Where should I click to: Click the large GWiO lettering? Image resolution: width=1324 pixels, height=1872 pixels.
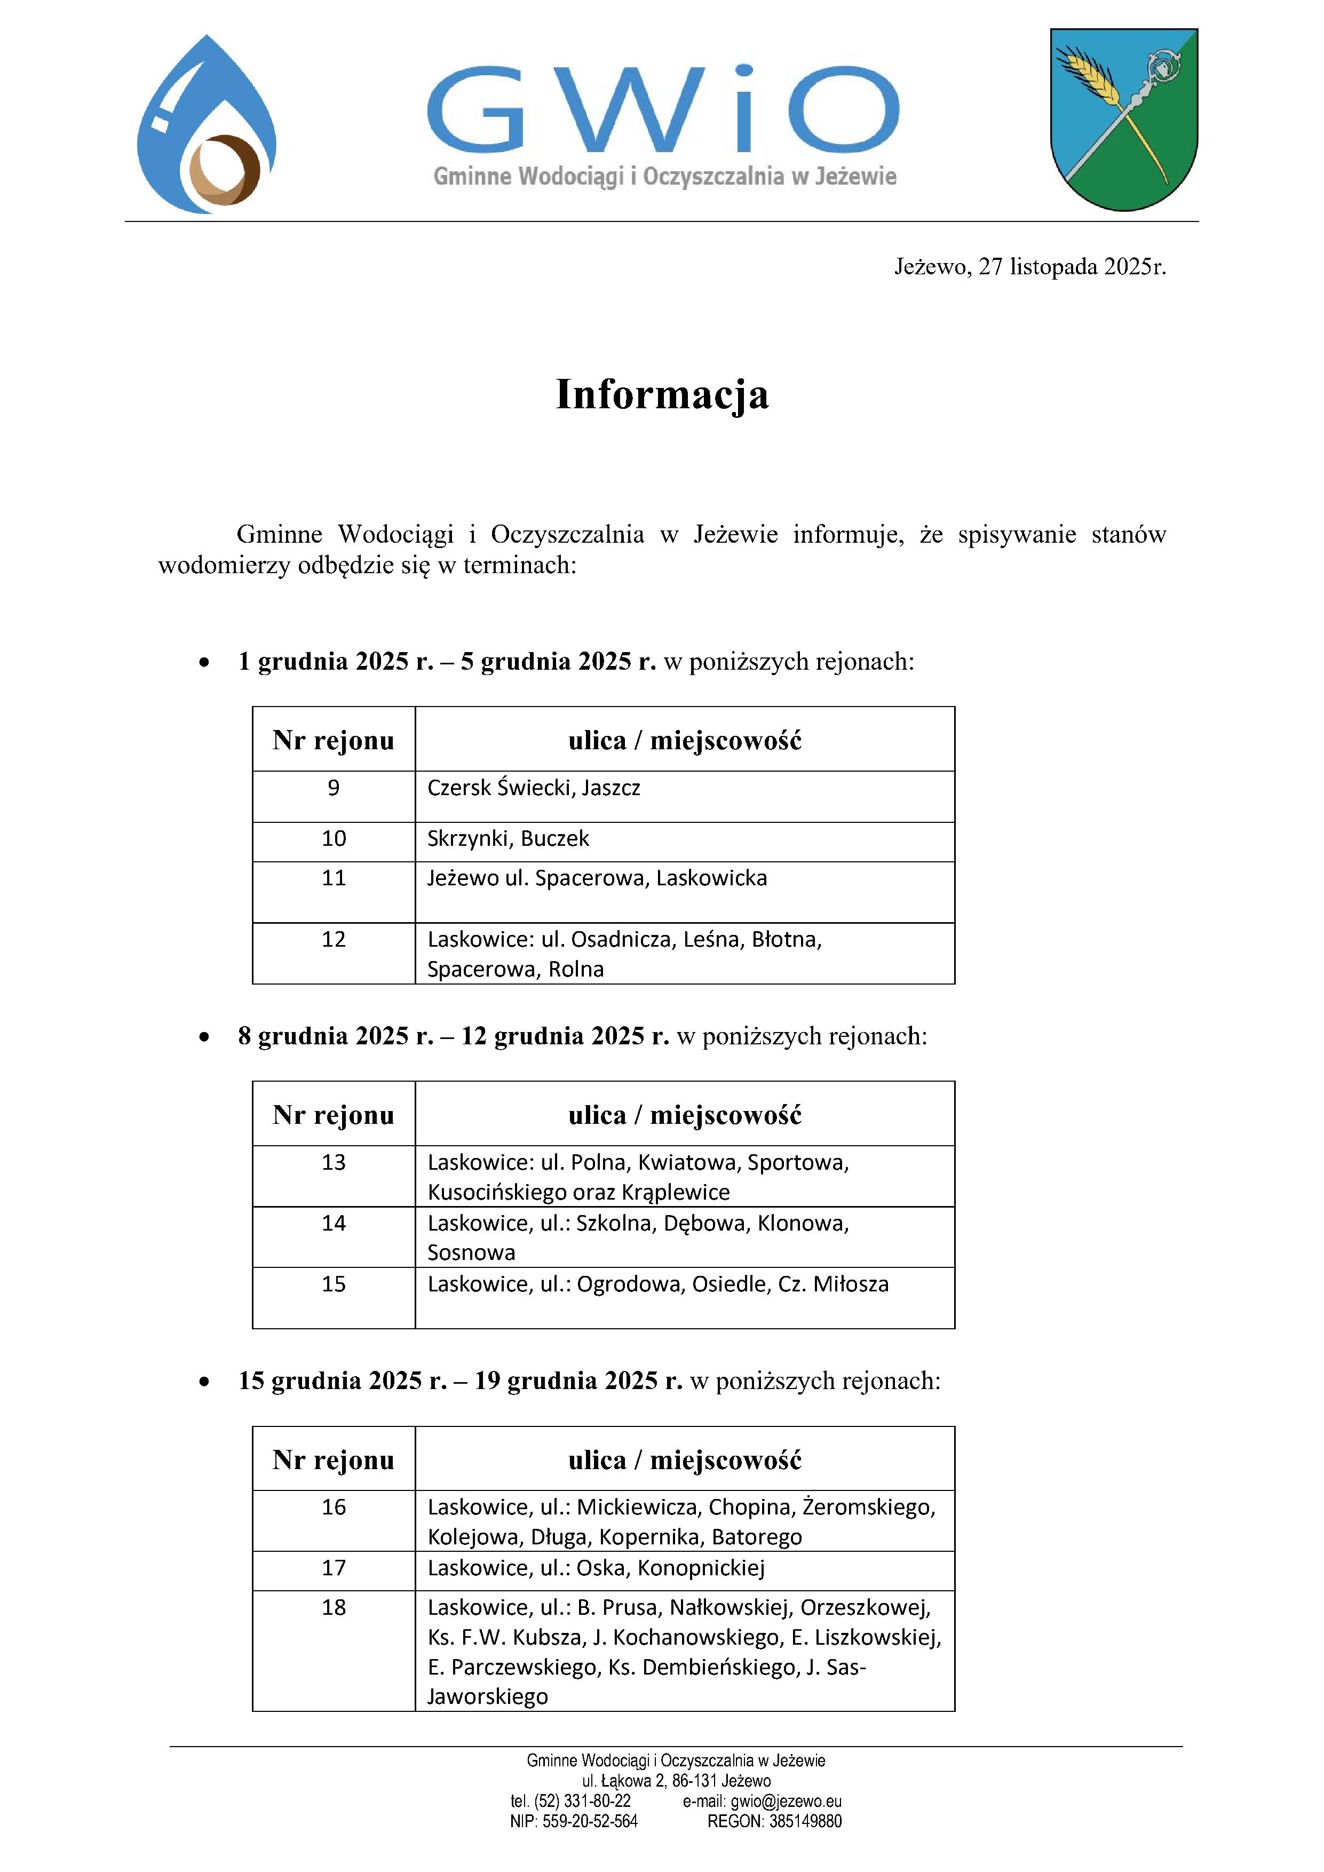pyautogui.click(x=663, y=110)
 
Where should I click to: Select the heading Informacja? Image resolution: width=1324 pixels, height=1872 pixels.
pyautogui.click(x=662, y=394)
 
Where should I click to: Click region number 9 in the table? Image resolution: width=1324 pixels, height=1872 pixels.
pyautogui.click(x=334, y=788)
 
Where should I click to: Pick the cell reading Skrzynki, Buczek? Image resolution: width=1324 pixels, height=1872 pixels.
pyautogui.click(x=508, y=839)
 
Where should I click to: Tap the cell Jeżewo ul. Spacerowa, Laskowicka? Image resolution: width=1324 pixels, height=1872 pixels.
pyautogui.click(x=597, y=878)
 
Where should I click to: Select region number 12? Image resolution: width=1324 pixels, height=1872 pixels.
pyautogui.click(x=334, y=939)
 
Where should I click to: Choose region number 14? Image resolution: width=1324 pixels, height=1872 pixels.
pyautogui.click(x=334, y=1223)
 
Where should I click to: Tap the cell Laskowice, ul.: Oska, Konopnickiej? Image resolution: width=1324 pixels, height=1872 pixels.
pyautogui.click(x=596, y=1568)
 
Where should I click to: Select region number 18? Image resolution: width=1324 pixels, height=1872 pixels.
pyautogui.click(x=334, y=1608)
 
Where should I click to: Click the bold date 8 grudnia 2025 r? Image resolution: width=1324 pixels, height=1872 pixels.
pyautogui.click(x=335, y=1036)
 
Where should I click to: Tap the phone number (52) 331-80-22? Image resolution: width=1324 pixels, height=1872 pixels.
pyautogui.click(x=582, y=1801)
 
